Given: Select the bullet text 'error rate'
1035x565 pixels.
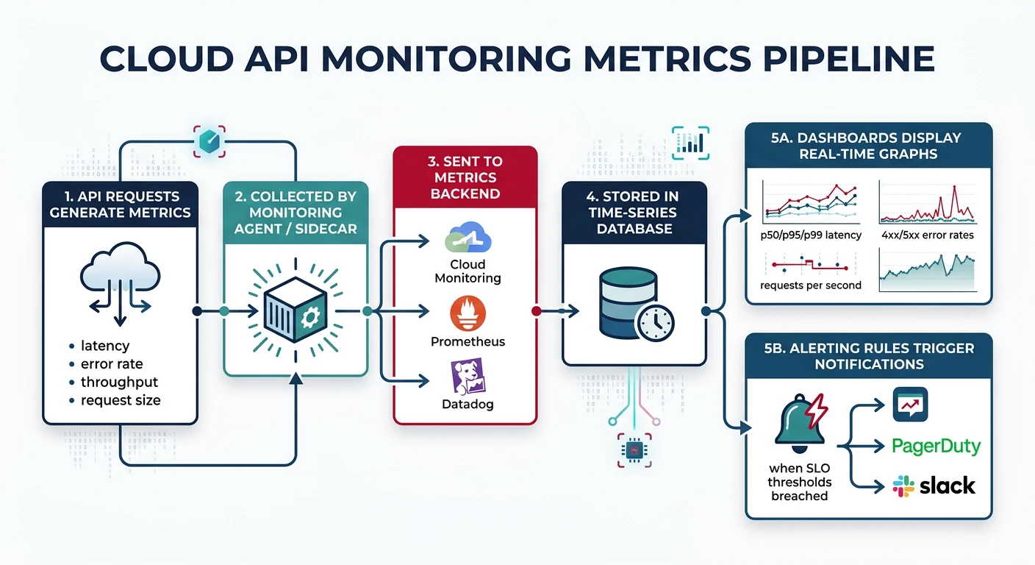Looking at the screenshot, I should [112, 363].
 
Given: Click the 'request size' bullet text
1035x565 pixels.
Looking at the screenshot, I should [121, 400].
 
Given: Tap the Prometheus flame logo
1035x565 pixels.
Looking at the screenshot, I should [468, 313].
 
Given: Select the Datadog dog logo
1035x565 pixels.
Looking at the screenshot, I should [468, 377].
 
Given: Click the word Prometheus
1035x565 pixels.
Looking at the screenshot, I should [468, 341].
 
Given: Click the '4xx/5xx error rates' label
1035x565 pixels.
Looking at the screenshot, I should [927, 235].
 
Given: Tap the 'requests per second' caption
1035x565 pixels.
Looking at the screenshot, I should [810, 285].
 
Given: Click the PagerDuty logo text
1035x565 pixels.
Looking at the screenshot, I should [936, 447].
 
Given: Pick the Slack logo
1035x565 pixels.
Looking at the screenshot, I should [934, 486].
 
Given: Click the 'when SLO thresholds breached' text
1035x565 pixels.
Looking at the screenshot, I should [799, 482].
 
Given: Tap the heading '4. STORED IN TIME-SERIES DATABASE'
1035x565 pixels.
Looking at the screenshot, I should [634, 213].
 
